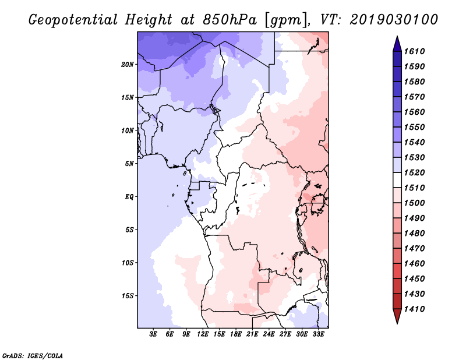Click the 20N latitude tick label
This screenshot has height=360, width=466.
128,64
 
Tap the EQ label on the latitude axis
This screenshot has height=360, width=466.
129,196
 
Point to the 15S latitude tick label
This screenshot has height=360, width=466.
128,295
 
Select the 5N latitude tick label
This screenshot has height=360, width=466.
129,164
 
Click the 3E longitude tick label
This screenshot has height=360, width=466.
153,334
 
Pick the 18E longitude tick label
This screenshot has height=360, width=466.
236,334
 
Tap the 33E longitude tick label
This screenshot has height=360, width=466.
318,334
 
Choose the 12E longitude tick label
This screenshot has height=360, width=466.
203,334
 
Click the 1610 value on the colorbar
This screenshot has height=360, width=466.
415,51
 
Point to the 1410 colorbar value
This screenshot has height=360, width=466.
415,309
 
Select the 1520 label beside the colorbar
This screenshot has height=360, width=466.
415,172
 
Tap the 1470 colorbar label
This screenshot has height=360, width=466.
415,249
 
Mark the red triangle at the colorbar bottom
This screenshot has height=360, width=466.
397,315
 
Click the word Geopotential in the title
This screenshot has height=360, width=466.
73,20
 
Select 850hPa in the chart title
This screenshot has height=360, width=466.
230,20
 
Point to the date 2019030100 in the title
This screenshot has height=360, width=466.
394,20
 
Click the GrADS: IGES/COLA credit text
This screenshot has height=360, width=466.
33,356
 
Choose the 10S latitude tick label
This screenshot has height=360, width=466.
128,263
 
